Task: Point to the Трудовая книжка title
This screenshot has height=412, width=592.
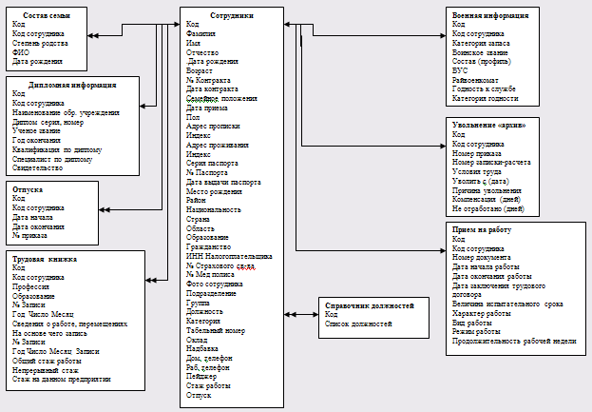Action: tap(44, 259)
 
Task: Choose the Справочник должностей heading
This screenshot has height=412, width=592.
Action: tap(369, 305)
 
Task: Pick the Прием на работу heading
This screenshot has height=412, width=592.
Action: tap(487, 229)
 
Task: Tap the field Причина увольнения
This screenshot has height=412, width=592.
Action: tap(488, 191)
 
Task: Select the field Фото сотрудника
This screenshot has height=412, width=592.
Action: tap(214, 283)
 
